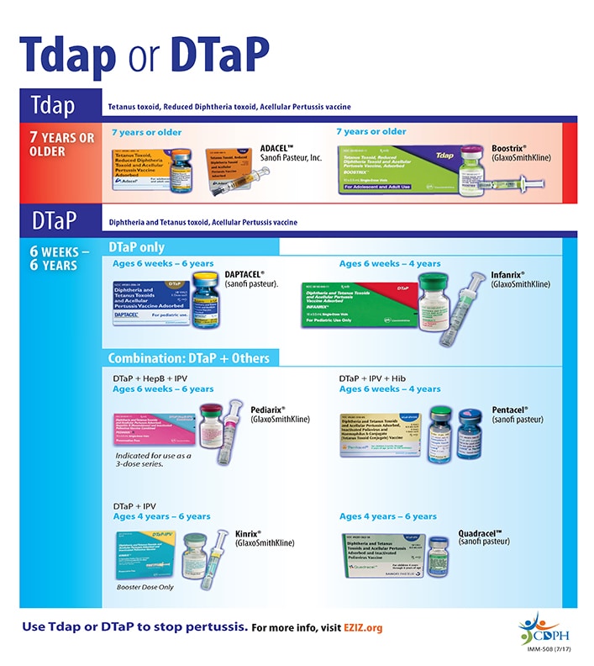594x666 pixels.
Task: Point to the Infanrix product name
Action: point(507,274)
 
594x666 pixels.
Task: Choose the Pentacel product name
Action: point(509,410)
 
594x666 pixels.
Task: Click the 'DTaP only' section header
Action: point(137,247)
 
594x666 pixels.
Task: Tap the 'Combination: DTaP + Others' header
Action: point(189,358)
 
